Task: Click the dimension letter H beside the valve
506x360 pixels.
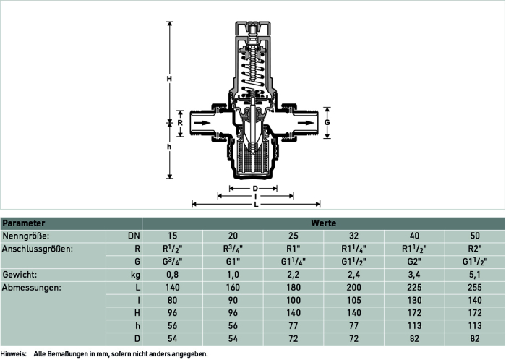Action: point(169,79)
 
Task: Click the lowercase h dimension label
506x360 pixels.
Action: point(169,147)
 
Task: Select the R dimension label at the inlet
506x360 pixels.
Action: point(180,123)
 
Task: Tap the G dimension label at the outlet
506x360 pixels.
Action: point(327,123)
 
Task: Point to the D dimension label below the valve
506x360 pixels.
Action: point(255,189)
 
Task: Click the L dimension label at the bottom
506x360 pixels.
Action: point(256,205)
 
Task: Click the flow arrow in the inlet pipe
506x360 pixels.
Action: point(202,123)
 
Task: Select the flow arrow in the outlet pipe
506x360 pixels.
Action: point(306,123)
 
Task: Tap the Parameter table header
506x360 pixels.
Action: point(24,223)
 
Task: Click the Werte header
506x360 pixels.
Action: point(323,223)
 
